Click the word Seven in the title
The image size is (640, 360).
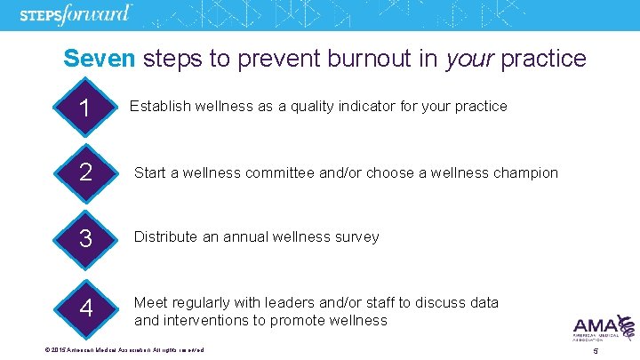click(98, 59)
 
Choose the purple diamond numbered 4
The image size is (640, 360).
click(85, 308)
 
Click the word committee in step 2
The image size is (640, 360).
click(303, 172)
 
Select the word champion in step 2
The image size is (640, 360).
click(524, 172)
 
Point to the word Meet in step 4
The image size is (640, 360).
click(149, 303)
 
